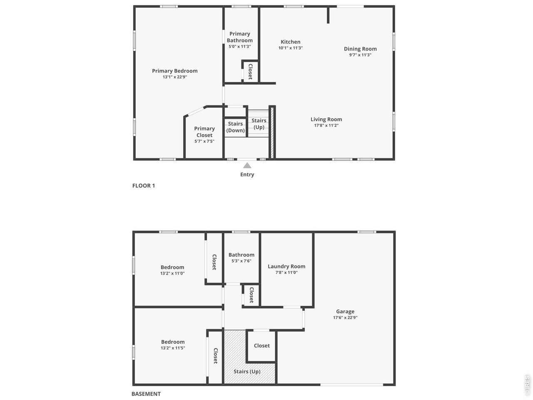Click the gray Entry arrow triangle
247,165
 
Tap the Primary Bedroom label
174,71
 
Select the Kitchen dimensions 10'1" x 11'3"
290,48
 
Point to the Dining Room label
360,49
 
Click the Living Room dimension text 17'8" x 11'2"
326,125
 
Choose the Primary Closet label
204,132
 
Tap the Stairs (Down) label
235,127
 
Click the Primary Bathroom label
240,37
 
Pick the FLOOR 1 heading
144,185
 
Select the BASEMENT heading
146,394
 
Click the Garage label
345,311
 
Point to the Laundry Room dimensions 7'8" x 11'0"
286,272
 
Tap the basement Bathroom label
242,255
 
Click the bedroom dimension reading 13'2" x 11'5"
173,348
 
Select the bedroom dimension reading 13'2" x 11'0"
172,273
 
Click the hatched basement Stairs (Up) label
247,371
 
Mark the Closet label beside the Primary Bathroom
250,72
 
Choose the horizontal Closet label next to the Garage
262,345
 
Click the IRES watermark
527,385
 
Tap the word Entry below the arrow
247,175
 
